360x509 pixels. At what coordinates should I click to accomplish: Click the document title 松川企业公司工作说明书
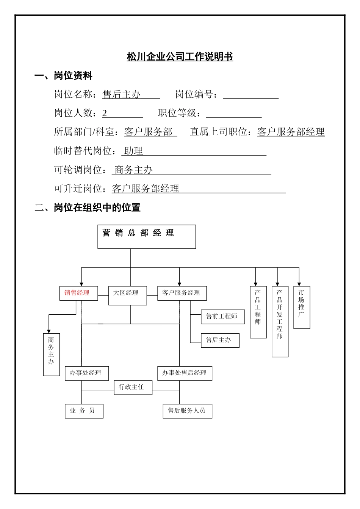click(x=180, y=57)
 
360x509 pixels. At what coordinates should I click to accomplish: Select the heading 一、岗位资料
click(x=63, y=76)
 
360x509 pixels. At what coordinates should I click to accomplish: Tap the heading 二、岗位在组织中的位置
click(x=88, y=208)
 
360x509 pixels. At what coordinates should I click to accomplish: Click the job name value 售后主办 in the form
click(x=121, y=94)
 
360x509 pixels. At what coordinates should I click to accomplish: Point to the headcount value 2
click(x=105, y=113)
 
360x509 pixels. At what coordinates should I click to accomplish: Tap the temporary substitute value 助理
click(x=133, y=151)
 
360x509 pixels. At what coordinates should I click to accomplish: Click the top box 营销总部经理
click(x=147, y=237)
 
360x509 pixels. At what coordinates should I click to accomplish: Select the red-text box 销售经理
click(x=78, y=293)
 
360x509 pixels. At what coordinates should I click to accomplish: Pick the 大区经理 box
click(x=127, y=295)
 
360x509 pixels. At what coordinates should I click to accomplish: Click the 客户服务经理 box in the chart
click(x=182, y=293)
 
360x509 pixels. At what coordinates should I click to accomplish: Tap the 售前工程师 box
click(x=223, y=317)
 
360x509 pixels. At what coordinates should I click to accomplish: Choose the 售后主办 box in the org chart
click(x=220, y=340)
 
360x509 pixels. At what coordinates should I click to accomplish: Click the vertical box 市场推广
click(x=302, y=307)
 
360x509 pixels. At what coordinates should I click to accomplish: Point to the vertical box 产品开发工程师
click(x=280, y=321)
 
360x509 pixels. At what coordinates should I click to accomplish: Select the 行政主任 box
click(x=133, y=387)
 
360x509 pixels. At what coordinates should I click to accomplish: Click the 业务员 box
click(x=84, y=411)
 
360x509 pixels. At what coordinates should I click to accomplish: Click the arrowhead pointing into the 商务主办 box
click(x=49, y=331)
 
